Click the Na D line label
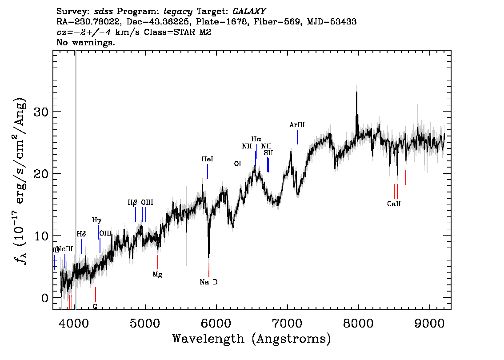click(x=208, y=282)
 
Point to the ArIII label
click(x=297, y=125)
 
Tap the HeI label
click(x=207, y=159)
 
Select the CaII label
click(x=394, y=204)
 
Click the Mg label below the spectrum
click(x=157, y=274)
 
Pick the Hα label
click(x=256, y=139)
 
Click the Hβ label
click(x=132, y=202)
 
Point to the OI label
click(x=237, y=164)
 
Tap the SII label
click(x=268, y=152)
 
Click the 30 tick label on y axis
click(x=41, y=112)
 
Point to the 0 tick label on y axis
click(x=45, y=297)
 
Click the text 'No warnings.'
click(x=86, y=43)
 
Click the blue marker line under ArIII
click(x=297, y=137)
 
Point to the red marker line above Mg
click(x=158, y=261)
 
